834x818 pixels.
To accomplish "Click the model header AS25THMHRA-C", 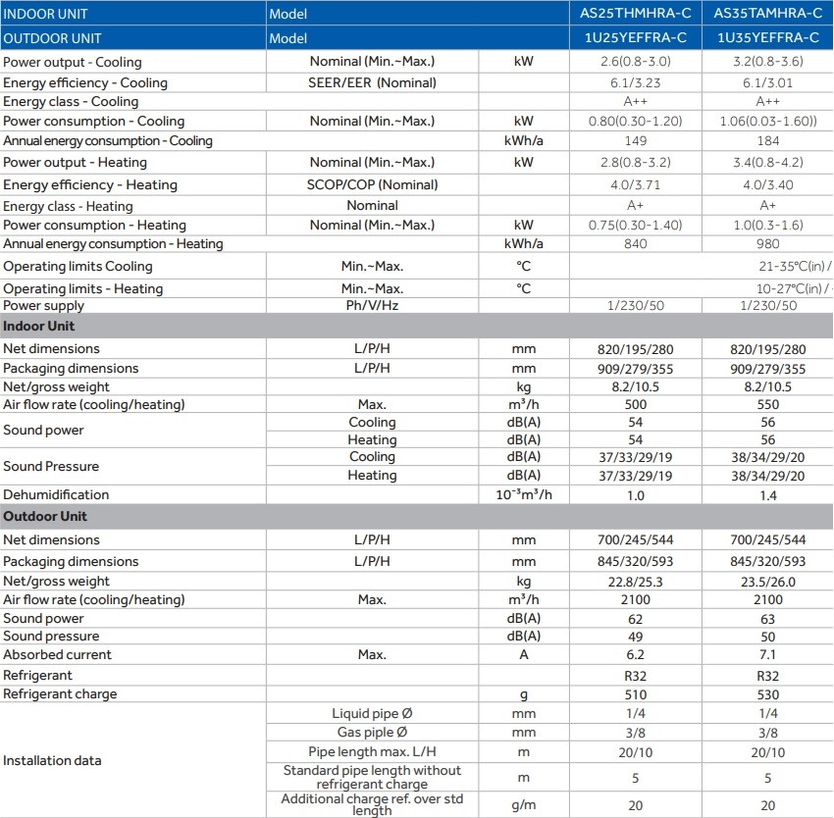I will (x=636, y=14).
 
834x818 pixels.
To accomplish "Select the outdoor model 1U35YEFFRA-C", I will (x=768, y=38).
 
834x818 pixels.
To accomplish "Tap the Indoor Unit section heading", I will (x=38, y=327).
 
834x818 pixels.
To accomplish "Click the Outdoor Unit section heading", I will (x=44, y=517).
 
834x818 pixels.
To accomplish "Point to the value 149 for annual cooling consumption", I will (x=636, y=140).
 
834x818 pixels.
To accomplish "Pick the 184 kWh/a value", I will (x=768, y=140).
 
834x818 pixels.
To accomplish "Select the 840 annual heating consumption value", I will (x=636, y=244).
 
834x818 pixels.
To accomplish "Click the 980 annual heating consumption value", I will (x=768, y=244).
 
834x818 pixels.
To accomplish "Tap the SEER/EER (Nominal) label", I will (x=372, y=83).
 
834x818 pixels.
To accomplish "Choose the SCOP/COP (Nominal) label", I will (x=372, y=184).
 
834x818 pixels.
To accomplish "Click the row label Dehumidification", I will (x=56, y=495).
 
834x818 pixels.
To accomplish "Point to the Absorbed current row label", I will (x=57, y=655).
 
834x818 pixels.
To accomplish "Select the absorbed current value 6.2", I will (x=636, y=655).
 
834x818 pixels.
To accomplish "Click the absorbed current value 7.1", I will (x=768, y=655).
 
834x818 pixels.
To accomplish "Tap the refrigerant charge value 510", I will (x=636, y=694).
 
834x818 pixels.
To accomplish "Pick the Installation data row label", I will (x=52, y=760).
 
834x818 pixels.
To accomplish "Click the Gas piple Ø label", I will (x=372, y=733).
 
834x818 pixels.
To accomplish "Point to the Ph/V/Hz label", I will (x=372, y=306).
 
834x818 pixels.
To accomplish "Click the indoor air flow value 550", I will (x=768, y=405).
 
